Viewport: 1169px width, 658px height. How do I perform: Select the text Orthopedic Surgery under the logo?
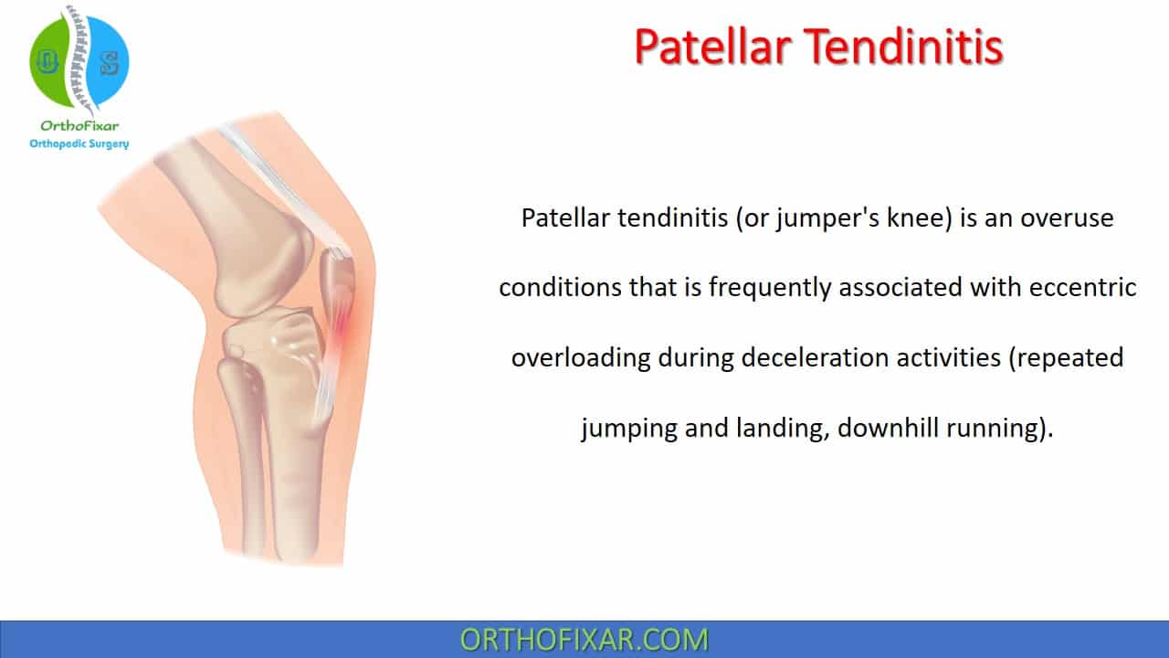point(79,143)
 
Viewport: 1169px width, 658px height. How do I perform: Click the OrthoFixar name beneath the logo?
point(79,126)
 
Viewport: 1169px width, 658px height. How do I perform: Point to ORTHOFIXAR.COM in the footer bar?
point(584,640)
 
